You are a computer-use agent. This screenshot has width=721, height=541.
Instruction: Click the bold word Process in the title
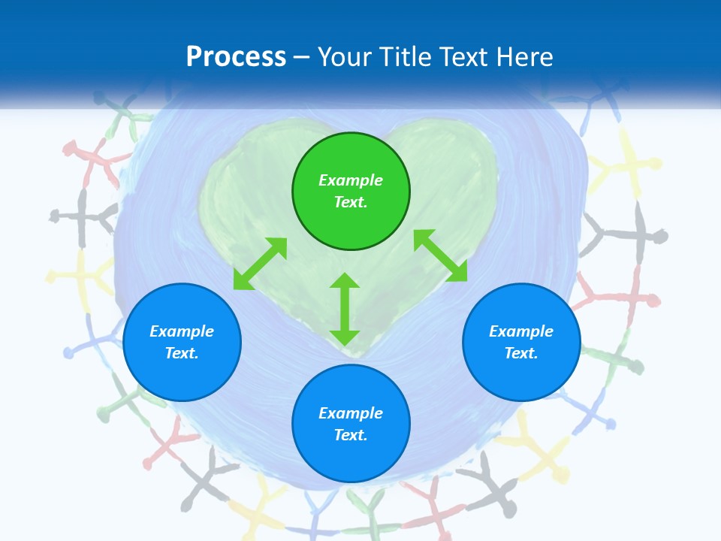236,57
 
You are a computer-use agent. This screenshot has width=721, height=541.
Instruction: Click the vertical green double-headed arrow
345,310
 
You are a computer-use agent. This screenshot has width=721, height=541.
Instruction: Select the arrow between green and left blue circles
260,263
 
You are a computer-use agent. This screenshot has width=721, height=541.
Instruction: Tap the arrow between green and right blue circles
441,256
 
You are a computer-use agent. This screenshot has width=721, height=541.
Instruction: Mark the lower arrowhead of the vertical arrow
345,337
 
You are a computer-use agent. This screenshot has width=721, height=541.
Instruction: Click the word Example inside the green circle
351,180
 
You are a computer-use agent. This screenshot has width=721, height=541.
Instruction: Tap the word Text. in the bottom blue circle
351,435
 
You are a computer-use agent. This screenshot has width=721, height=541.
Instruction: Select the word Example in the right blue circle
521,331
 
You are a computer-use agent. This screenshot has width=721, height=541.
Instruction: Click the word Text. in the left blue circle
182,353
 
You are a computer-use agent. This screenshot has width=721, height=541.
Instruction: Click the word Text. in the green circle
351,202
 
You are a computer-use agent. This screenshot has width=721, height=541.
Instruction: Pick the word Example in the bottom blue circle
351,413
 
